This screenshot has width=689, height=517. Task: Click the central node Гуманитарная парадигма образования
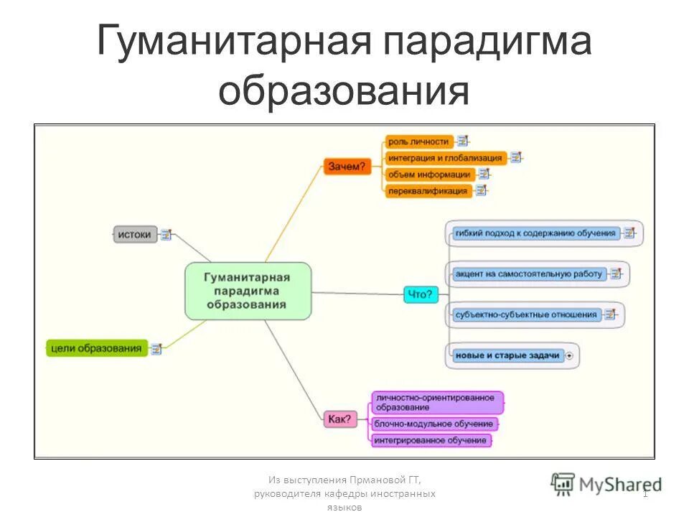248,291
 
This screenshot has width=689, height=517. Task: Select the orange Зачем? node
347,167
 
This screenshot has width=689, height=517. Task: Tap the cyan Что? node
421,294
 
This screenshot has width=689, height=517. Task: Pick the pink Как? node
339,419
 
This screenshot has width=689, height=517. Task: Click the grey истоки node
135,234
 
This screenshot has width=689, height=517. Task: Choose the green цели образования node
96,348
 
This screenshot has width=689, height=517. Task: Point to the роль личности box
419,141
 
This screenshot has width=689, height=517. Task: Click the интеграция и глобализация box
446,158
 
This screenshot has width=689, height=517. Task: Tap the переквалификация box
428,191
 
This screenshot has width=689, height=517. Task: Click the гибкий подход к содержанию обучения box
535,233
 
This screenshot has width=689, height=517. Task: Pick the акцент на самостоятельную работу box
528,274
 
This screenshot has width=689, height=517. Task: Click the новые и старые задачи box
507,355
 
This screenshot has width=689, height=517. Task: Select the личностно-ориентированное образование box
436,402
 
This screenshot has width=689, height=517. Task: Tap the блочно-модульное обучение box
433,424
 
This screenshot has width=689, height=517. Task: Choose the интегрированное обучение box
431,440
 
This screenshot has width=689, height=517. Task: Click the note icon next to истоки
167,234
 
